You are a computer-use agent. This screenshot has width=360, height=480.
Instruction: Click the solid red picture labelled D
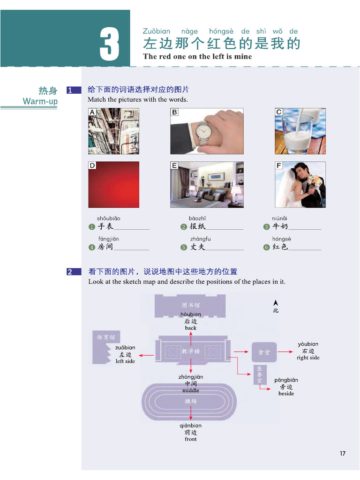point(114,184)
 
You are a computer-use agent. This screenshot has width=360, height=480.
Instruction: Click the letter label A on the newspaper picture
point(92,112)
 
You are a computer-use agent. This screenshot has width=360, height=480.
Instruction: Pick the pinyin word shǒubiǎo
point(108,218)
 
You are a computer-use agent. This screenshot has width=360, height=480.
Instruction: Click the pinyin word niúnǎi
point(279,218)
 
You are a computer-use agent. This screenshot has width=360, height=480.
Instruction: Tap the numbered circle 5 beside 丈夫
point(184,247)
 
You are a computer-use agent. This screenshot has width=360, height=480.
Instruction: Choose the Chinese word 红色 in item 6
point(281,247)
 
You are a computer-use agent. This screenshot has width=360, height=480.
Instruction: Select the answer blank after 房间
point(131,248)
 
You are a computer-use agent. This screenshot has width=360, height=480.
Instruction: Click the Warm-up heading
point(40,101)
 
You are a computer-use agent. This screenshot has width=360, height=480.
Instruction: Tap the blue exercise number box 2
point(74,271)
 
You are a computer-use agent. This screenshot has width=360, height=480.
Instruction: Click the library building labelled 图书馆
point(190,305)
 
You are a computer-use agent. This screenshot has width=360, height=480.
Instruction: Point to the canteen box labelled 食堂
point(264,352)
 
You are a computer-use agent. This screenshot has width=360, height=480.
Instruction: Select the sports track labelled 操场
point(190,402)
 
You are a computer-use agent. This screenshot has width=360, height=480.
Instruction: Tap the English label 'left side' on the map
point(125,361)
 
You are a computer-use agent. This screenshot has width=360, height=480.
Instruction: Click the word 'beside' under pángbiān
point(286,394)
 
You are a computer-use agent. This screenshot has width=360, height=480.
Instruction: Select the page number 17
point(343,453)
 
